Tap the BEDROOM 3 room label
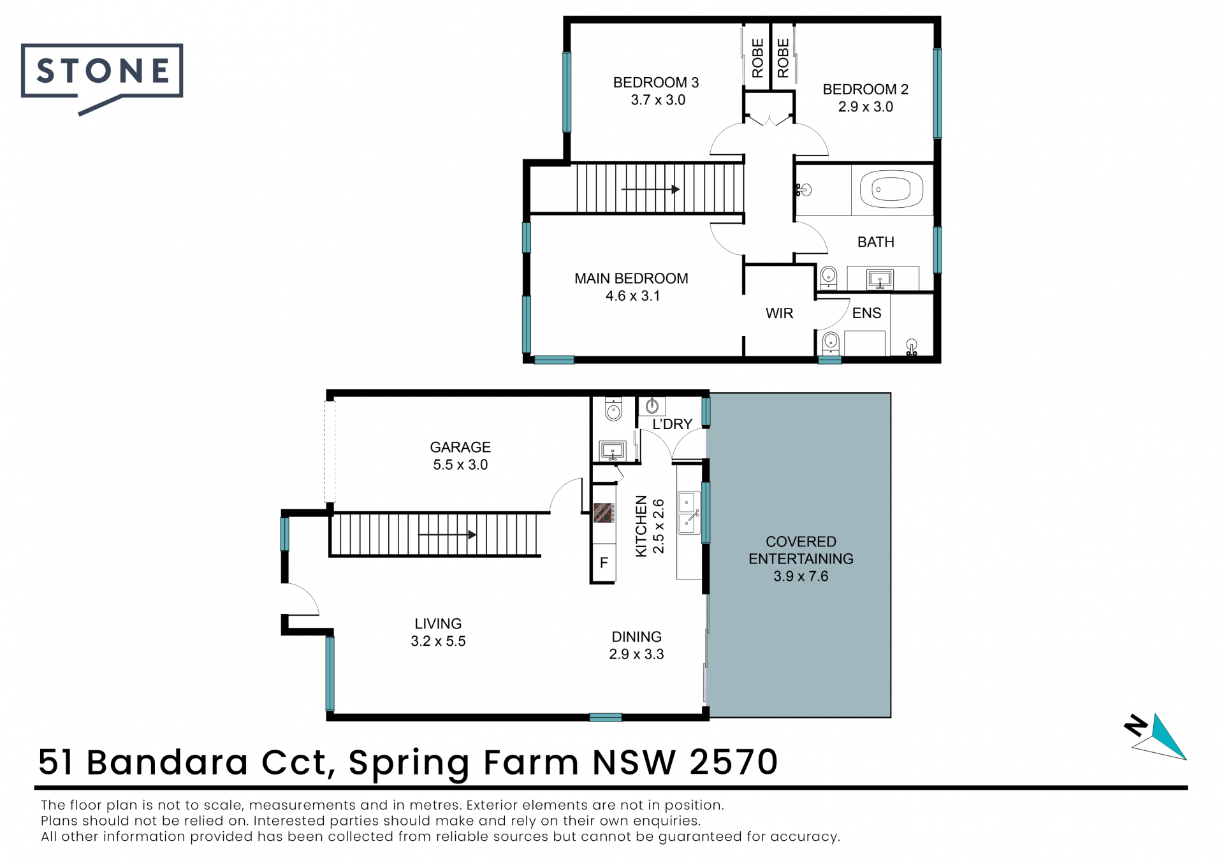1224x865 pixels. tap(656, 91)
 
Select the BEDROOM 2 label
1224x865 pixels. tap(865, 98)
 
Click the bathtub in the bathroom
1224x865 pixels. tap(891, 189)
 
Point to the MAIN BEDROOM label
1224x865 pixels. tap(631, 287)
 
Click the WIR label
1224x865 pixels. tap(779, 313)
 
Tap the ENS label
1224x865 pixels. tap(866, 313)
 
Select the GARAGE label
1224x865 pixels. tap(460, 456)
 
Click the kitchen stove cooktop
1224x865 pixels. tap(604, 512)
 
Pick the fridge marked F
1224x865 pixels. tap(604, 562)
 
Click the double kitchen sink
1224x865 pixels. tap(688, 512)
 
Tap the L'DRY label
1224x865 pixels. tap(672, 424)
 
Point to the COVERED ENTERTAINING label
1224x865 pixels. tap(801, 559)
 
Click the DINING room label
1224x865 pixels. tap(636, 645)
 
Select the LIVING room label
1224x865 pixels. tap(438, 632)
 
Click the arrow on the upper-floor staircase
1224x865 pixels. tap(650, 189)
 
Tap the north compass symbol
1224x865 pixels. tap(1156, 736)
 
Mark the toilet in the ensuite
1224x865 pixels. tap(830, 343)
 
